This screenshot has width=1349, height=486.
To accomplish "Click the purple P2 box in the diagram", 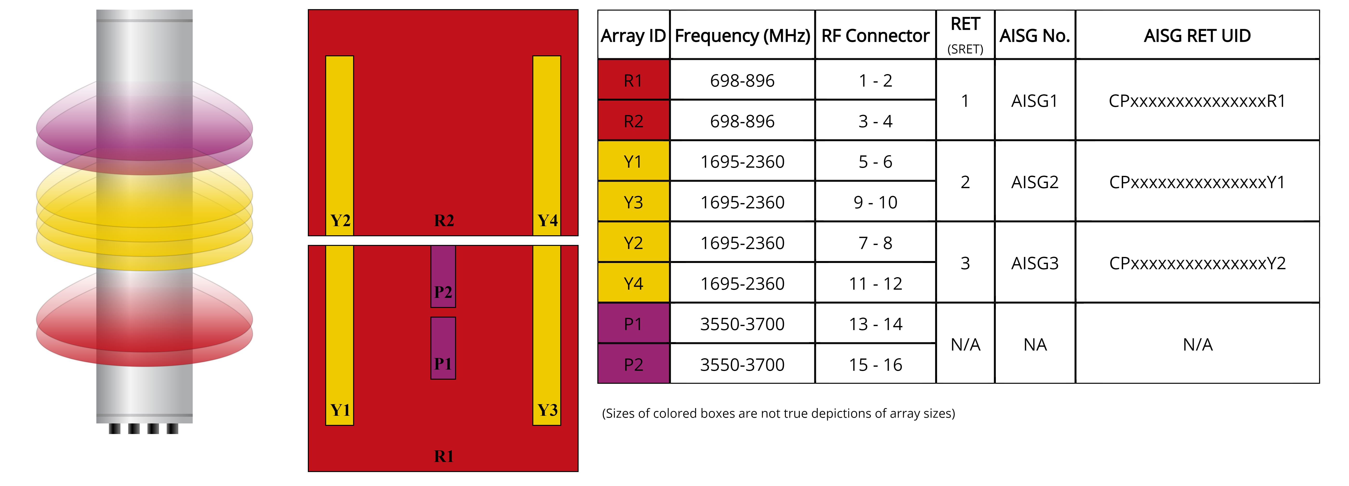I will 443,276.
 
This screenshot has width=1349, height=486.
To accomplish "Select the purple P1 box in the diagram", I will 443,348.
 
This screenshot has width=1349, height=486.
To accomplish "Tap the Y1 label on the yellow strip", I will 340,410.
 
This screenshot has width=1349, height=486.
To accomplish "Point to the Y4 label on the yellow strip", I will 547,220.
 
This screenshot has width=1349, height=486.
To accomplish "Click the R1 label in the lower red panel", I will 443,456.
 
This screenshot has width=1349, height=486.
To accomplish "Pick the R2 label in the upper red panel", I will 443,220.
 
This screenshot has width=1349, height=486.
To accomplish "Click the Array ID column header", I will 633,36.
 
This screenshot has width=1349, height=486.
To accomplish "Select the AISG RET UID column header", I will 1197,36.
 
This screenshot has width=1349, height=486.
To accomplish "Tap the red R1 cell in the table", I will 633,81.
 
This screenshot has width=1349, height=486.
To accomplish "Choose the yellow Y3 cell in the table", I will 633,202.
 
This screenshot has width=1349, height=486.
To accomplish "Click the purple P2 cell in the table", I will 633,364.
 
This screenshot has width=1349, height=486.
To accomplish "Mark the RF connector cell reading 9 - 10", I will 875,202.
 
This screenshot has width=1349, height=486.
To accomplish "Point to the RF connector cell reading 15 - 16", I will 875,364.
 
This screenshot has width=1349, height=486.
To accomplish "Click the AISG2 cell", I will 1035,182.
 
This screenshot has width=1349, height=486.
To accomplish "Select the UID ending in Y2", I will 1197,263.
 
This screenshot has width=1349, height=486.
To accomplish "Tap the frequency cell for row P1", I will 742,324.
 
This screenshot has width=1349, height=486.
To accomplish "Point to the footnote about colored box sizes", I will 778,413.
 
